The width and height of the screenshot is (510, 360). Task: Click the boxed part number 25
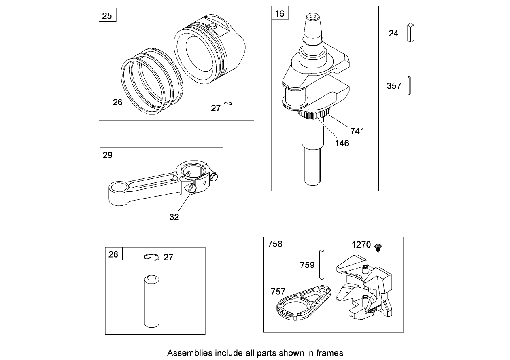point(107,16)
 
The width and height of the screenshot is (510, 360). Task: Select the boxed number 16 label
point(280,13)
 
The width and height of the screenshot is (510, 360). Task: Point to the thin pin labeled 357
point(409,85)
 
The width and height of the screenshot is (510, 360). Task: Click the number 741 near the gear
point(357,131)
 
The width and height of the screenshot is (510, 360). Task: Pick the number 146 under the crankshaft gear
point(342,143)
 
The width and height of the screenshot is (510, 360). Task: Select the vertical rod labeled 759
point(322,264)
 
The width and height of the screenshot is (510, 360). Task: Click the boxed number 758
point(275,244)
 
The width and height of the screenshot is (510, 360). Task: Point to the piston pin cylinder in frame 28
point(152,301)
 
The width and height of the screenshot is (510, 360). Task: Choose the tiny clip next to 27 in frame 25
point(228,104)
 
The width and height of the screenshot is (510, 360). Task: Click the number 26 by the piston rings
point(117,102)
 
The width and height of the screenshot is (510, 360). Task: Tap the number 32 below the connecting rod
point(174,217)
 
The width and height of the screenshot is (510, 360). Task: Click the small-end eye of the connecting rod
point(119,188)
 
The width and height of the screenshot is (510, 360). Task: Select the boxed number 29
point(108,155)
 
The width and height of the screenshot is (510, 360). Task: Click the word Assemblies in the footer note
point(189,353)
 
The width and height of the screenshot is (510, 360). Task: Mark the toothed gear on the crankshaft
point(314,114)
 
